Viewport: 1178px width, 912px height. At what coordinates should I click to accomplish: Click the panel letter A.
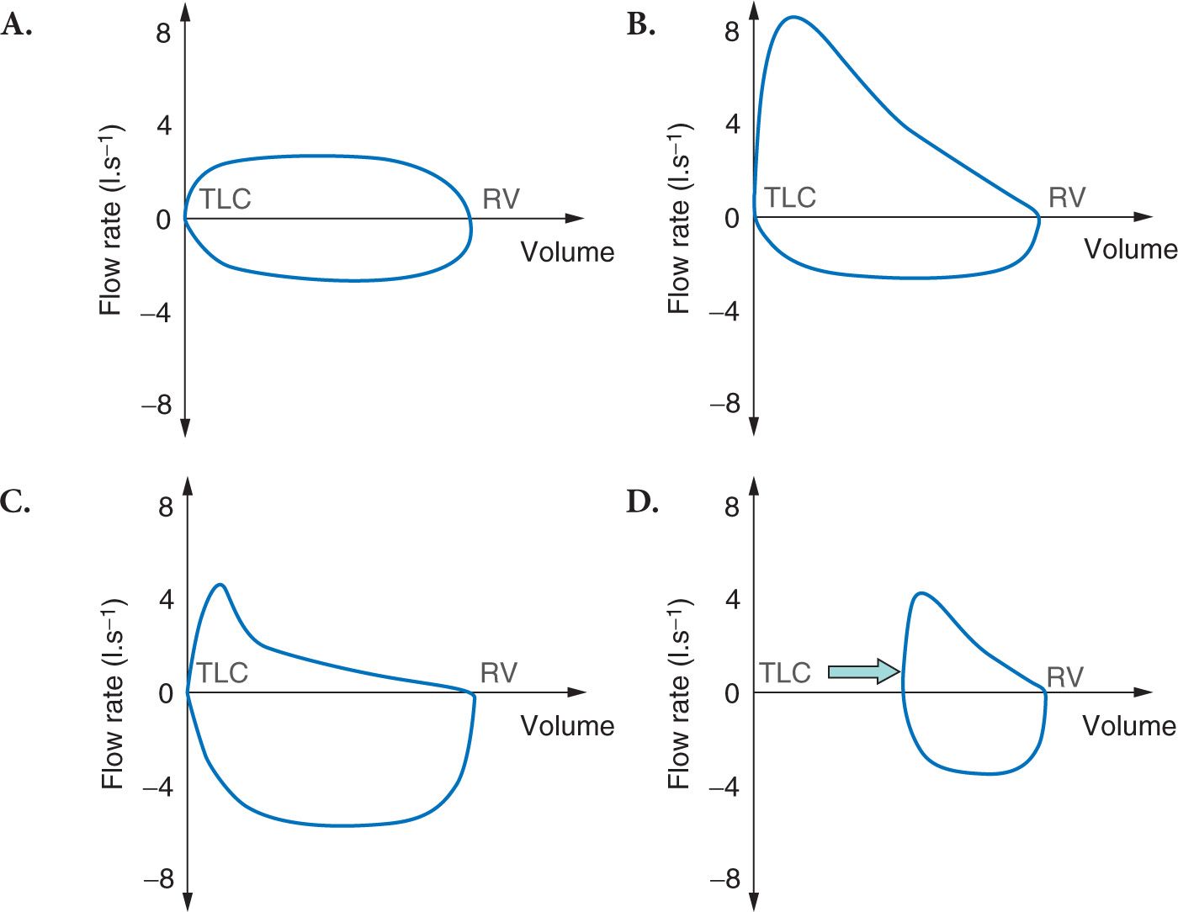17,26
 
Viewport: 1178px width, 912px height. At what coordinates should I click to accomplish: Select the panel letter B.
641,26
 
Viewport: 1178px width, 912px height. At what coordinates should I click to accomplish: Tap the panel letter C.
17,501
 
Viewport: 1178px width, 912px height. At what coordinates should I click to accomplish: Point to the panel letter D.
642,501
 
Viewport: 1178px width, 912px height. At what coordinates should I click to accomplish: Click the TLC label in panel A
226,199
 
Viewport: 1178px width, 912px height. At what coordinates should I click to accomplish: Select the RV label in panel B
1067,198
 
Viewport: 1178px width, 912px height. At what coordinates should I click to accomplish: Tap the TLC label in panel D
785,673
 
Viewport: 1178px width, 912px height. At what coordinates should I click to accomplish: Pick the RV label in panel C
499,673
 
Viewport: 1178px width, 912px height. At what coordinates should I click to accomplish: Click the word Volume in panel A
567,252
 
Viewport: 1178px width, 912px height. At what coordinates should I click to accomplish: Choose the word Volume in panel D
1129,725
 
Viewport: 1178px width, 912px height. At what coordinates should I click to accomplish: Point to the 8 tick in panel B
732,32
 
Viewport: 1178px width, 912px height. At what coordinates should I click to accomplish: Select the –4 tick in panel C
157,787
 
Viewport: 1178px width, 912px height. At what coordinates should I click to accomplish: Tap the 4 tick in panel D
732,600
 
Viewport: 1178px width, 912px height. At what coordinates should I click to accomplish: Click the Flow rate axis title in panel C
112,694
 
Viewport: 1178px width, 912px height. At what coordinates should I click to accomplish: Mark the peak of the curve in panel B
793,17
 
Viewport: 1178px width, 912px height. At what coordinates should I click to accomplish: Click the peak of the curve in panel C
220,585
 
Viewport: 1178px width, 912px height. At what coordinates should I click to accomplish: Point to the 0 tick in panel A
163,220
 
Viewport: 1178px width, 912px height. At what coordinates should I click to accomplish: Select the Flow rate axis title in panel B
680,219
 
